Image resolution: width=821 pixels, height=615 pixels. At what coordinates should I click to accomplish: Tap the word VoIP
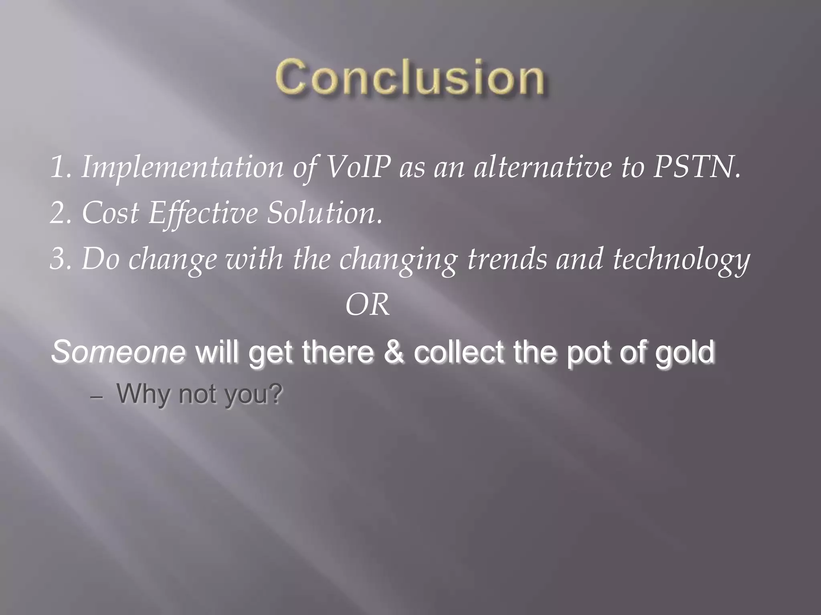358,167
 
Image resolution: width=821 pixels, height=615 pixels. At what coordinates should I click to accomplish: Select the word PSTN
696,167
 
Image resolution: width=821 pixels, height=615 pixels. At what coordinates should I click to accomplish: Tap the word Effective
202,213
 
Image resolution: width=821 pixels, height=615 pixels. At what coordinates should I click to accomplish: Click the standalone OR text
367,305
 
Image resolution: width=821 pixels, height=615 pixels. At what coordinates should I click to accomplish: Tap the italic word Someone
118,352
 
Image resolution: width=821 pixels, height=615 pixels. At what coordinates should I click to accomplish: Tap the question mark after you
275,394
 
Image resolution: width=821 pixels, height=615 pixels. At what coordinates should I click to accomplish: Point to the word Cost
110,213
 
